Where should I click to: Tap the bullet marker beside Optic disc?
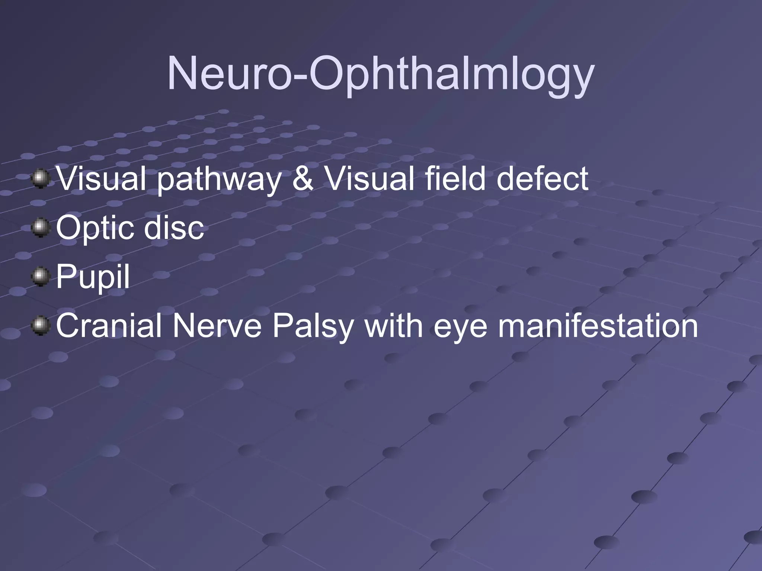[x=40, y=228]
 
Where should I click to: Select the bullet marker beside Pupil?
[x=40, y=277]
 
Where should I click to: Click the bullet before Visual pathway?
[x=40, y=179]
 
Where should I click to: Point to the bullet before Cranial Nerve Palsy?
[x=40, y=326]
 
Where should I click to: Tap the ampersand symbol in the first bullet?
[x=302, y=179]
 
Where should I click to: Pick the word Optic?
[x=97, y=228]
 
